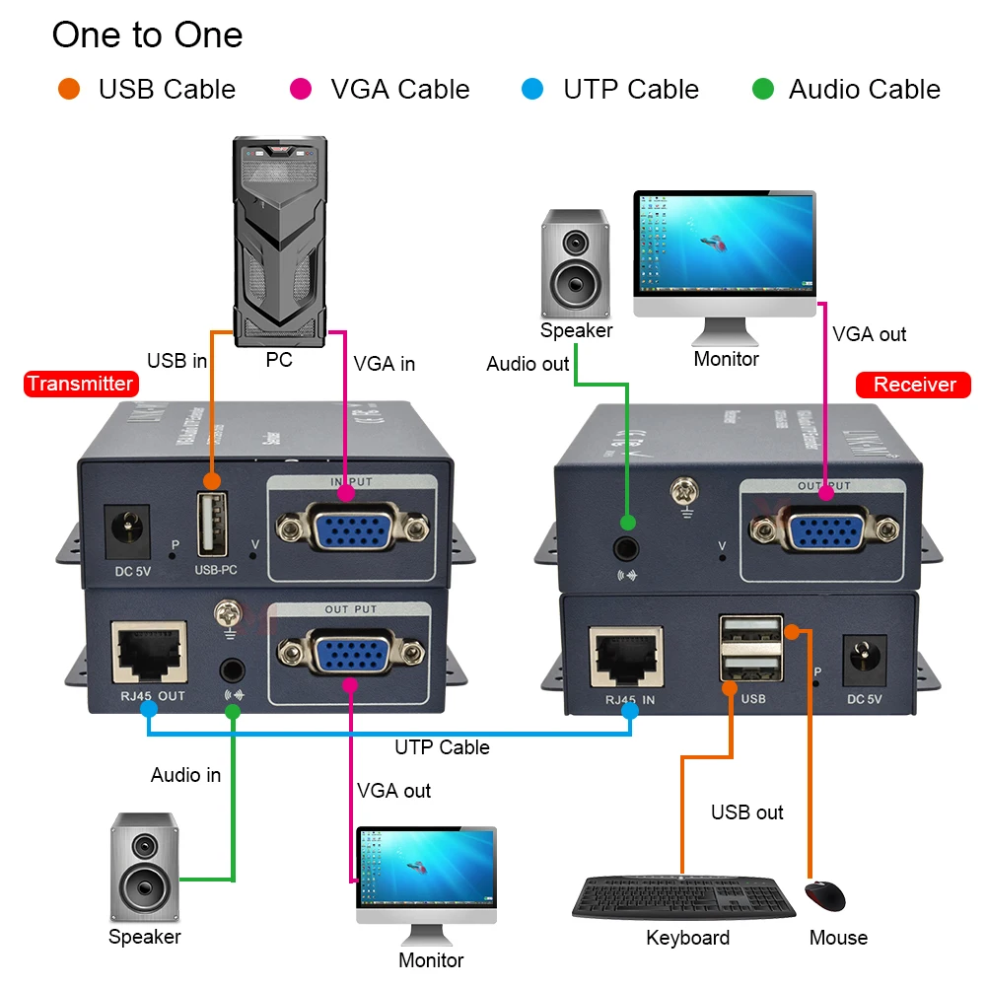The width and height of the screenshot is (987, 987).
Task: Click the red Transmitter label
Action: [79, 384]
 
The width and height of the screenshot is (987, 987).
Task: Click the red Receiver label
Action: [914, 385]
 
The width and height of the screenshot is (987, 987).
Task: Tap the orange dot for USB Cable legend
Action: [68, 90]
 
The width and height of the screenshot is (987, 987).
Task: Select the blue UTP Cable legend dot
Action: [532, 90]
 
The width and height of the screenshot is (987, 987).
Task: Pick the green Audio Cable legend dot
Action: [762, 90]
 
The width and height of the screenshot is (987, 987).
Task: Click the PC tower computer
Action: [280, 241]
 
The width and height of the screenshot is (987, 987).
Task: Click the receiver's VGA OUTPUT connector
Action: [823, 530]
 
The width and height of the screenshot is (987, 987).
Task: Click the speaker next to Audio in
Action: [144, 868]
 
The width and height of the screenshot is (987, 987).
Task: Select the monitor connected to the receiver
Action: [725, 254]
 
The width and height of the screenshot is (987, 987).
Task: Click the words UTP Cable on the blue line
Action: [442, 747]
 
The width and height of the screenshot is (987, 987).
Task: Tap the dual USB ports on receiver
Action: [751, 650]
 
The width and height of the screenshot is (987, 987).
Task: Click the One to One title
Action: [147, 35]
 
